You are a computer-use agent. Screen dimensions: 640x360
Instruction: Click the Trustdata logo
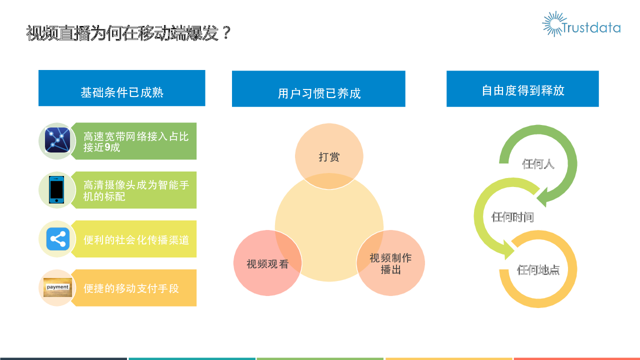click(x=581, y=24)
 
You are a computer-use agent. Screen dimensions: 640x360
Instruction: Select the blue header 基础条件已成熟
click(x=121, y=88)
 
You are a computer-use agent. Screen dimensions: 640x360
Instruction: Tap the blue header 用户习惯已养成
click(x=318, y=89)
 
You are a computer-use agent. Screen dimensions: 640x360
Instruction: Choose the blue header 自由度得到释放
click(x=522, y=89)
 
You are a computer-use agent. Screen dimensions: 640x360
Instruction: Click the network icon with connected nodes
click(x=57, y=140)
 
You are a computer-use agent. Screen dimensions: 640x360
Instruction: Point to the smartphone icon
click(x=56, y=189)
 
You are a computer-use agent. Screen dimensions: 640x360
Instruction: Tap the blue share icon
click(x=57, y=239)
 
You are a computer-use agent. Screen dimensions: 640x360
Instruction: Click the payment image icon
click(x=57, y=287)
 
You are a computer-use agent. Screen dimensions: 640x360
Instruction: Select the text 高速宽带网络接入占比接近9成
click(x=135, y=141)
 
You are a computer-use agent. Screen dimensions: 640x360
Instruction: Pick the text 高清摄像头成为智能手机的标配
click(x=136, y=190)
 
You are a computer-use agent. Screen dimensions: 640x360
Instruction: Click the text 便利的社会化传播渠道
click(x=136, y=239)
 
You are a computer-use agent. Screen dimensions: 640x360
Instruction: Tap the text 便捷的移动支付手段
click(x=131, y=288)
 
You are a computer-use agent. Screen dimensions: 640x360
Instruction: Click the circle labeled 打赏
click(x=329, y=156)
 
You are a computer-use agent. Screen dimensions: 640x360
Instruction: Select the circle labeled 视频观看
click(x=267, y=263)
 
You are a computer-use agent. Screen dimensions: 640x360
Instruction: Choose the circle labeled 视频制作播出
click(x=390, y=263)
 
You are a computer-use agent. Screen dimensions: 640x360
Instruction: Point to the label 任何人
click(x=538, y=164)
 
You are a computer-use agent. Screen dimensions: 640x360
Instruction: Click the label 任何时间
click(x=512, y=217)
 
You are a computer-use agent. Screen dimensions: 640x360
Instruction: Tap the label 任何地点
click(x=538, y=269)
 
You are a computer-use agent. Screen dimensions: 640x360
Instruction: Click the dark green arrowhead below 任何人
click(x=542, y=197)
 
